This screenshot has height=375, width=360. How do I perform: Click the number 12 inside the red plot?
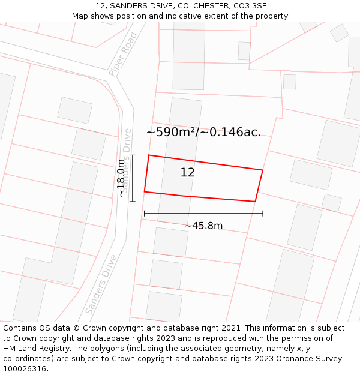click(x=187, y=173)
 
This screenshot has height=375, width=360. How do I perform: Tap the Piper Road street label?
click(x=123, y=54)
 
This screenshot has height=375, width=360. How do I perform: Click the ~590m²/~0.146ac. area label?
click(x=203, y=133)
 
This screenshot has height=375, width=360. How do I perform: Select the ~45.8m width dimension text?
click(x=203, y=226)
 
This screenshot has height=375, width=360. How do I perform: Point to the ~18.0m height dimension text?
click(x=121, y=178)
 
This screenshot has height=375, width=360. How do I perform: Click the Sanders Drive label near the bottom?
click(x=101, y=284)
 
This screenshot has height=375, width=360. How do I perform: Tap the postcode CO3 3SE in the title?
click(x=250, y=6)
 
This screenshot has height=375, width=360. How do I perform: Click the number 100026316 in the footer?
click(x=25, y=369)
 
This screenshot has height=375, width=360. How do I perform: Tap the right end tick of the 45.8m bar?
click(x=263, y=213)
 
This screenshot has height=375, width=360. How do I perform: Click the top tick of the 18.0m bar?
click(x=133, y=155)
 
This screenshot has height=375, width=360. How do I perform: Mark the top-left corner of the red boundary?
click(x=149, y=155)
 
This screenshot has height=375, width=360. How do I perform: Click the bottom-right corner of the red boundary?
click(x=256, y=201)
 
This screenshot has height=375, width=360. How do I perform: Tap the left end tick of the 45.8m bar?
click(x=144, y=213)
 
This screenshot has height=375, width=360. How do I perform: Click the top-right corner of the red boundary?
click(x=263, y=170)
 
